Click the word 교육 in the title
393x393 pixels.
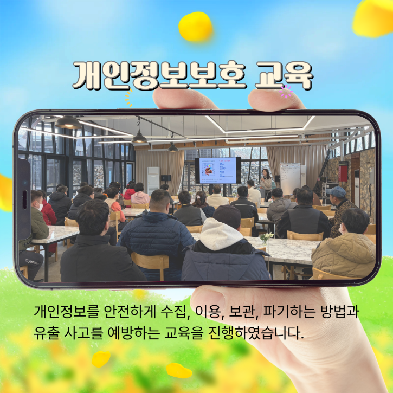pos(284,75)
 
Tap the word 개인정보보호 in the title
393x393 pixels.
pos(160,75)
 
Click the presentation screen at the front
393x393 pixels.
pos(217,170)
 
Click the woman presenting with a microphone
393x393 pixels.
pos(266,181)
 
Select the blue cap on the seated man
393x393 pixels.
pos(336,192)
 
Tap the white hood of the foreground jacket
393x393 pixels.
pos(221,234)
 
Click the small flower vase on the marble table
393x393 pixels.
pos(266,239)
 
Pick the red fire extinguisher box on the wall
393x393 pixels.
pos(343,172)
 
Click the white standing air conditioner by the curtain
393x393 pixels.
pos(153,181)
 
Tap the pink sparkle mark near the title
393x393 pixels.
pos(286,91)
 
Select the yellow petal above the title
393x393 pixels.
pos(196,27)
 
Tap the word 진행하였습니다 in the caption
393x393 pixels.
pos(256,333)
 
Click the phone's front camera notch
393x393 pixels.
pos(24,199)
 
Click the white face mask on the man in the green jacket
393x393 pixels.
pos(40,207)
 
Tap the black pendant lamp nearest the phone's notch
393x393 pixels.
pos(68,123)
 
